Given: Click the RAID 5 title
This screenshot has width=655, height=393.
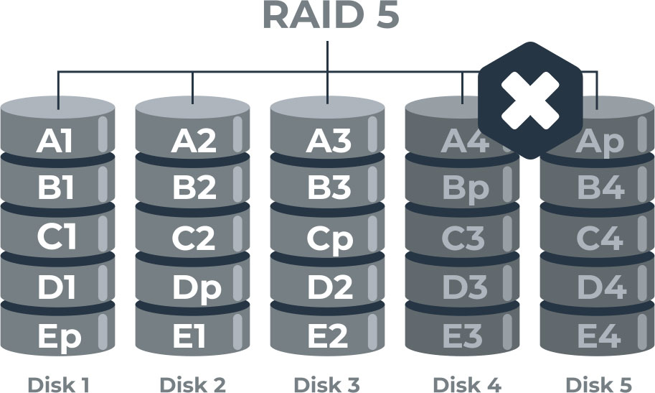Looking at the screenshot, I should (330, 16).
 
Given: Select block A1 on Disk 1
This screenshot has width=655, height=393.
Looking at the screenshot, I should (55, 141).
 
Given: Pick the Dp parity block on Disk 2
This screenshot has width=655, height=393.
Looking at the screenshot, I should (195, 287).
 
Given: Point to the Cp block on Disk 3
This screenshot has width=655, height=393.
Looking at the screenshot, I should (329, 239).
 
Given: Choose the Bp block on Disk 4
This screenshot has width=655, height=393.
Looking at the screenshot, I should (465, 189).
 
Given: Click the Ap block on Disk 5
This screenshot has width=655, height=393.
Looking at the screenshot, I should (600, 142).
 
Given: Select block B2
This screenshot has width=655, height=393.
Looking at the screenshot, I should (194, 189).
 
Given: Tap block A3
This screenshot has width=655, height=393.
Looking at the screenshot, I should (329, 141).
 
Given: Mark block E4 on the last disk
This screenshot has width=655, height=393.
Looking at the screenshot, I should (600, 336).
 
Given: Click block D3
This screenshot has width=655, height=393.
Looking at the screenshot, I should (464, 287).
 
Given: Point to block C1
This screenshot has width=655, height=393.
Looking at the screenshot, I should (57, 239).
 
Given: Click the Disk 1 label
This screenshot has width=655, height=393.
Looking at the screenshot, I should (58, 384).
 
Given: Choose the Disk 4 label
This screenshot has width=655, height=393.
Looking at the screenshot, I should (467, 384).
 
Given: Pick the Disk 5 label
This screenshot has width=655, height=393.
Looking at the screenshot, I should (599, 384).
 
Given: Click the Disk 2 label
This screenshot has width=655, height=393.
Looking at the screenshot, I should (193, 384).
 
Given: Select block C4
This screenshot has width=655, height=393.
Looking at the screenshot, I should (600, 239).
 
